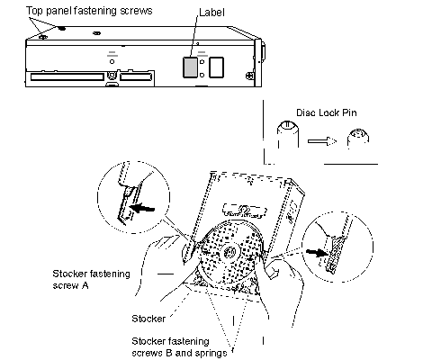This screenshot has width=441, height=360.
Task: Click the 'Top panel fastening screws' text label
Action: pos(89,11)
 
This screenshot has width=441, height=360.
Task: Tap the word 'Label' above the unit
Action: pos(211,13)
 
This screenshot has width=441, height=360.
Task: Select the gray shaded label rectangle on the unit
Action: pos(190,67)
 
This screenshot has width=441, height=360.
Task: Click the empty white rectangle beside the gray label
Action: pos(216,67)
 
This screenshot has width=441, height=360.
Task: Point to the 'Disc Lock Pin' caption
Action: pos(327,112)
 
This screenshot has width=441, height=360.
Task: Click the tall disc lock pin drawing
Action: pos(287,134)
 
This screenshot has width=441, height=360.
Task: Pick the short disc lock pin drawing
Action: pos(358,139)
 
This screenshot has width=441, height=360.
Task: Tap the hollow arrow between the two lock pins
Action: pos(322,141)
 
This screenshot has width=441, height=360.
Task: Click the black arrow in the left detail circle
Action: pos(141,208)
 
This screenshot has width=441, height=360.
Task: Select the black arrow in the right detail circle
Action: pos(317,253)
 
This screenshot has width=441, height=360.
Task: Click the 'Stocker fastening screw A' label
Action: pos(91,279)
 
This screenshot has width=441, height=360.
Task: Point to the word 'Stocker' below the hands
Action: pos(148,319)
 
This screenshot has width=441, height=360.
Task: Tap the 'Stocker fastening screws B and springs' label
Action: pos(179,347)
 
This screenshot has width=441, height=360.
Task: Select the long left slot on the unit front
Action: pos(67,76)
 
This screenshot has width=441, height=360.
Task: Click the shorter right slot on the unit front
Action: pos(136,76)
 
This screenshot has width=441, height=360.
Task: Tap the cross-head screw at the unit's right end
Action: pos(249,76)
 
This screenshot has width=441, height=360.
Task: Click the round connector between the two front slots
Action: pos(112,75)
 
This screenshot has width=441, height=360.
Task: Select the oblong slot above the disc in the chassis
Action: pos(245,211)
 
